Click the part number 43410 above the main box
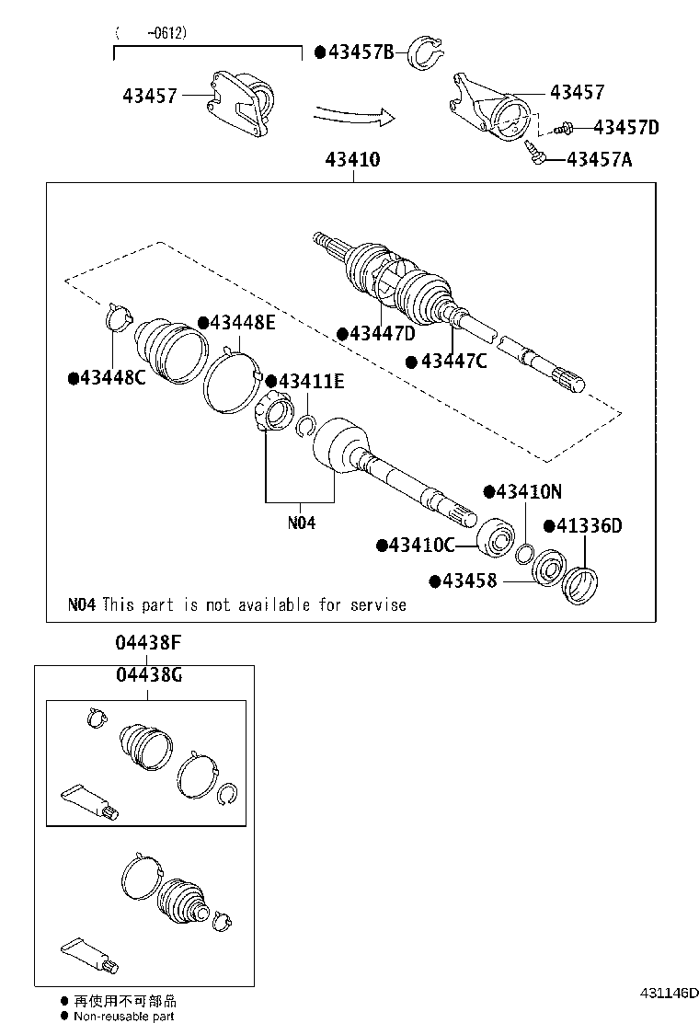tap(351, 160)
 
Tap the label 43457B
tap(360, 52)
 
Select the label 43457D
tap(626, 127)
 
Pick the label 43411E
tap(311, 381)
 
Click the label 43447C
tap(453, 361)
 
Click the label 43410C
tap(421, 546)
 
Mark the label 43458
tap(469, 580)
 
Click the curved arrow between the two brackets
tap(354, 116)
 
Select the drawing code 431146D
tap(663, 994)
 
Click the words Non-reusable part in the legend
tap(124, 1016)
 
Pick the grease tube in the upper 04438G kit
tap(87, 800)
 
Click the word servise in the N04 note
tap(377, 604)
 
